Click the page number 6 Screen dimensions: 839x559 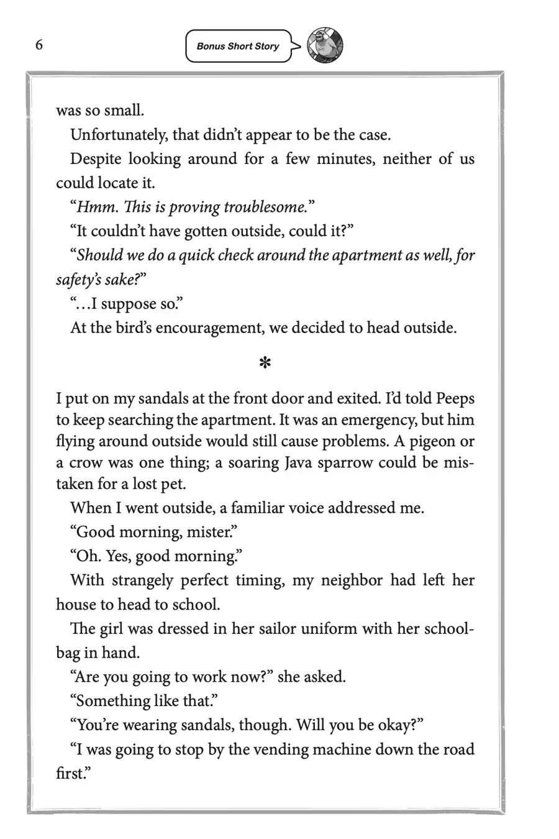[39, 45]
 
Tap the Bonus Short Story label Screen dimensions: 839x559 [238, 47]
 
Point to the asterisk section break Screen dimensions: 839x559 [265, 364]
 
